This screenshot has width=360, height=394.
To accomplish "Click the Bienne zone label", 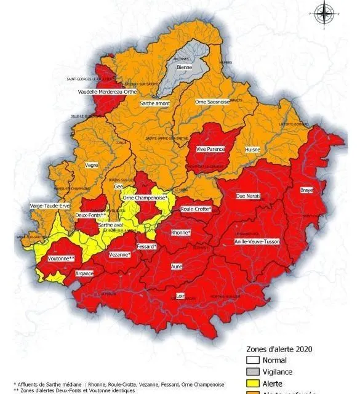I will [x=184, y=67].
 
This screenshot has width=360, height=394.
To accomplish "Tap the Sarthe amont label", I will [x=154, y=103].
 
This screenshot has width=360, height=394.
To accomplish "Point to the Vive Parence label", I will [x=210, y=149].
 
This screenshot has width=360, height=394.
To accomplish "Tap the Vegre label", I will [x=92, y=165].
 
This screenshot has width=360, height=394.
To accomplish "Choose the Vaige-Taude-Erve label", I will [x=50, y=206].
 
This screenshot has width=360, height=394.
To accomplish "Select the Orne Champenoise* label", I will [x=145, y=198].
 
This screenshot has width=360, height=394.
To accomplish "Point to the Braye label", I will [x=306, y=190].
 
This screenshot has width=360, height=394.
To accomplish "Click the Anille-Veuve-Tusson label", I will [x=257, y=242].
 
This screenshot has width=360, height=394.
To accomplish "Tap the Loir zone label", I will [x=180, y=295].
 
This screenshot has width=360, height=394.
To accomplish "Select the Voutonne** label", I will [x=62, y=259].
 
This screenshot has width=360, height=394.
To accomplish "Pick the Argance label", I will [x=84, y=273].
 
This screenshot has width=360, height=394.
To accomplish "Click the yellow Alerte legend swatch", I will [x=249, y=383].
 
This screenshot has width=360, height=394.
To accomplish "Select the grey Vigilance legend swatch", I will [x=249, y=372].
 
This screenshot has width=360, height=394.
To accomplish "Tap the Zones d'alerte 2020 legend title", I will [x=279, y=348].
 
